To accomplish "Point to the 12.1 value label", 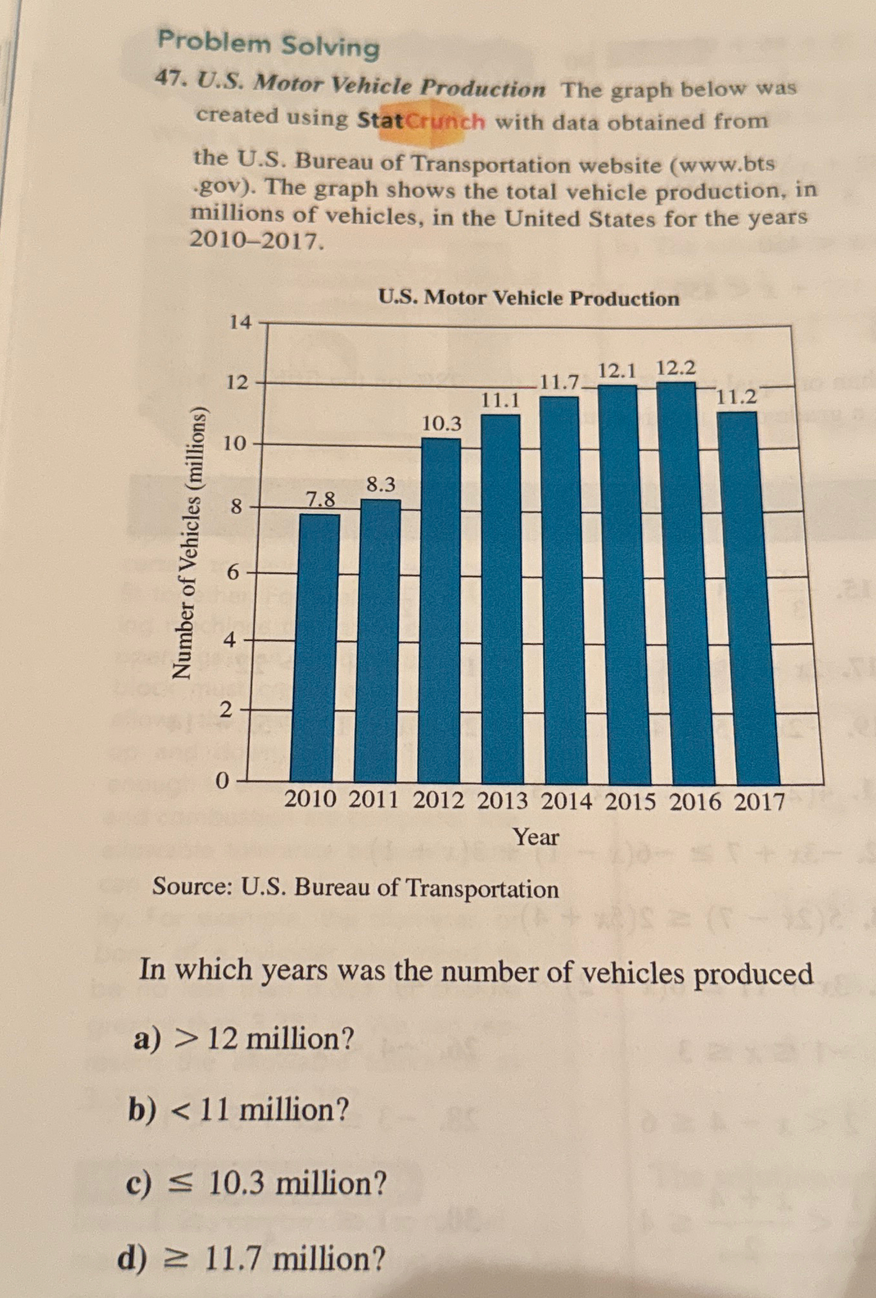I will (617, 371).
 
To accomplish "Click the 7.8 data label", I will (320, 499).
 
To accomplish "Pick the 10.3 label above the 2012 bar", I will (441, 423).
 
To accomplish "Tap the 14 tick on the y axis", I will (240, 322).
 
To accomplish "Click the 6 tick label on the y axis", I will (234, 572).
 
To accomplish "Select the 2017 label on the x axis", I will (760, 802).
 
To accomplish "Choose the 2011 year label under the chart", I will (374, 800).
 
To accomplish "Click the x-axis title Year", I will (536, 837).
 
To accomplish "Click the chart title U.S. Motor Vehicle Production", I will (528, 298).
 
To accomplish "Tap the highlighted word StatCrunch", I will (421, 120).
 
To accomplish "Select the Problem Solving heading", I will (268, 45).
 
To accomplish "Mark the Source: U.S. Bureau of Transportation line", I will (355, 888).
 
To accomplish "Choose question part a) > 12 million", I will (244, 1038).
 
